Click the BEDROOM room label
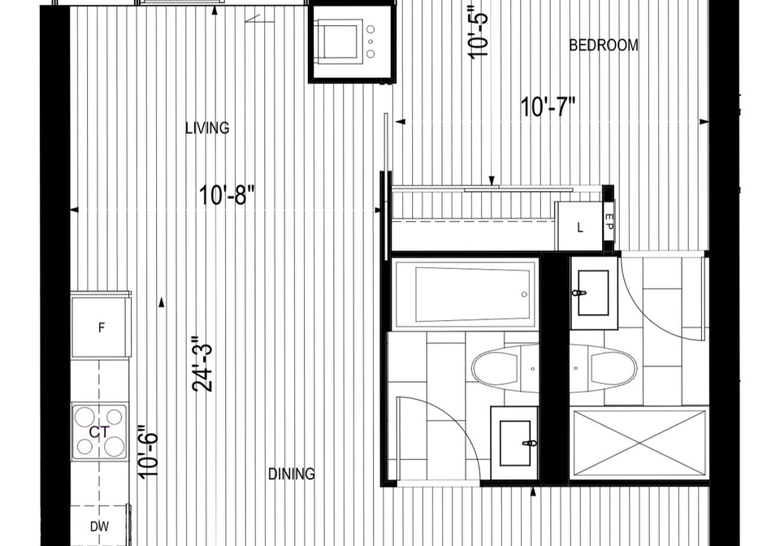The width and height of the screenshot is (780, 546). [604, 45]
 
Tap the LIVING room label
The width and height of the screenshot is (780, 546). [207, 128]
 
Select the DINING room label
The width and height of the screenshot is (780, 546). [292, 474]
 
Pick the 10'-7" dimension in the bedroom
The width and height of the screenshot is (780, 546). [548, 107]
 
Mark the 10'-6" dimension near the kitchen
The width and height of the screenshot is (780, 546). [149, 452]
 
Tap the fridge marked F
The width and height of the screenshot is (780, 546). [101, 327]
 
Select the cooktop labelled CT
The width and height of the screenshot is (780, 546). [99, 432]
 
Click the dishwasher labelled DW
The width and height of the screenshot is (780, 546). [99, 526]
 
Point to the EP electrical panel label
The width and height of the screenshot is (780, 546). [609, 221]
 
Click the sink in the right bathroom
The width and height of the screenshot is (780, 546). [594, 293]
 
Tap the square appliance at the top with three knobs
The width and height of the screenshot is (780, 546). [353, 41]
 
